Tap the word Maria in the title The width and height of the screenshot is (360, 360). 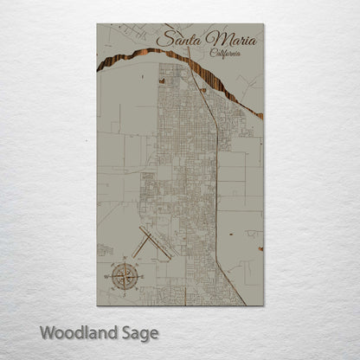coord(224,40)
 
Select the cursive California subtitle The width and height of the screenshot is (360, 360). coord(226,54)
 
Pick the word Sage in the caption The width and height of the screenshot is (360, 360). coord(138,332)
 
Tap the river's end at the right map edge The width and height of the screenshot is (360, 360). coord(260,114)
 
